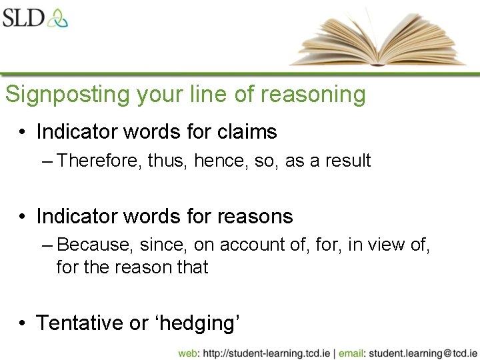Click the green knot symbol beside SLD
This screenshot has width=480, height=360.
[57, 17]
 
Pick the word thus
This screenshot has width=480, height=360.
[167, 161]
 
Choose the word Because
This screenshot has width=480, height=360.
[95, 245]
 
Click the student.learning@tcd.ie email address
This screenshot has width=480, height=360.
[423, 353]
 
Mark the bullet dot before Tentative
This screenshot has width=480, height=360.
[23, 323]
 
